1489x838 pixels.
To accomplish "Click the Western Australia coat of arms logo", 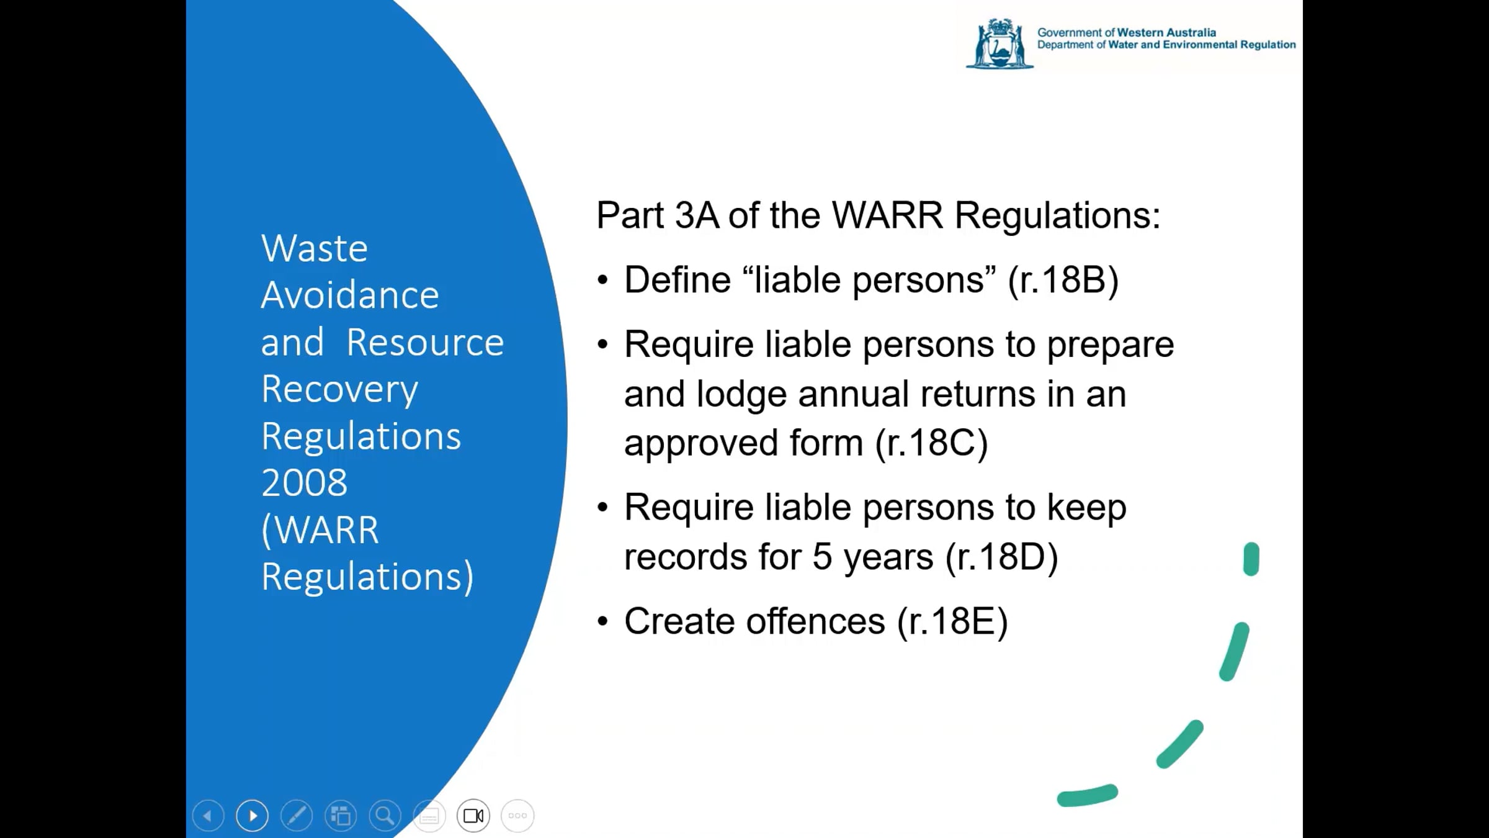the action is (999, 43).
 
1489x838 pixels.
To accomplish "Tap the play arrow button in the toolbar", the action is (253, 815).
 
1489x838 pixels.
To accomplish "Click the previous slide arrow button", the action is (208, 815).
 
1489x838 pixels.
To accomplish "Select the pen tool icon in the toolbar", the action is (297, 815).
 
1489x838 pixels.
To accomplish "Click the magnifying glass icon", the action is (385, 815).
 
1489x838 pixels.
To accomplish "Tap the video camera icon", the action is (473, 815).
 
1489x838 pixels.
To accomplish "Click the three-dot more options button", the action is (517, 815).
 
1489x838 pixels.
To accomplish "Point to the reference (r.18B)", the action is (1063, 280).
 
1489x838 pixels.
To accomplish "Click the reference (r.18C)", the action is (931, 443).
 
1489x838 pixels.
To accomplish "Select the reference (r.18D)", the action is (1002, 557).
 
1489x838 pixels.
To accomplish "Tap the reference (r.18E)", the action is (952, 621).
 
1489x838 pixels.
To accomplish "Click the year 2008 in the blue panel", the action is (304, 483).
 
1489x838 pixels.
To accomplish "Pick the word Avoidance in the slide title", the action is (350, 295).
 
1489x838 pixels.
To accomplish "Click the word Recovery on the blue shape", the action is (340, 390).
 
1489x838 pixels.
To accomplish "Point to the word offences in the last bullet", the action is (816, 621).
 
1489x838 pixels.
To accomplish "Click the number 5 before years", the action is (822, 556).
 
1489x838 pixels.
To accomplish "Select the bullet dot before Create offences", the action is (602, 622).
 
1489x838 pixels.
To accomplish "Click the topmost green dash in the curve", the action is (1251, 559).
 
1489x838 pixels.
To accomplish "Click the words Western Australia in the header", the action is (1166, 32).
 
